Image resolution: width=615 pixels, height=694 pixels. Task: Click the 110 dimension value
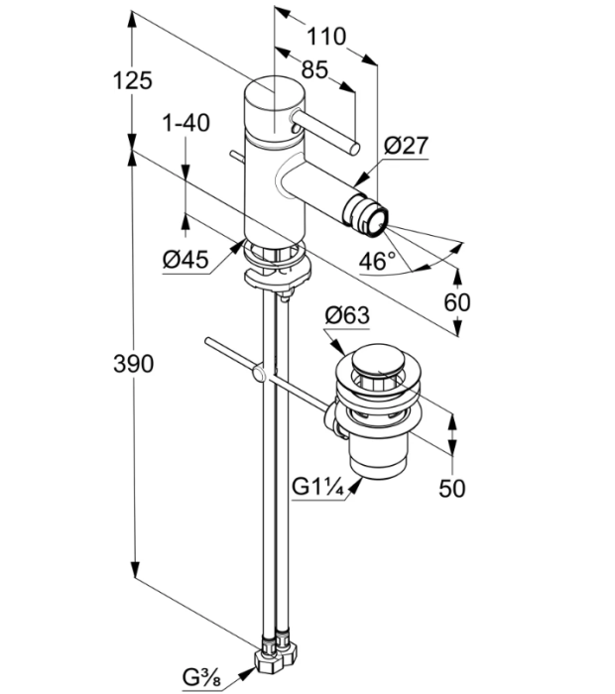click(326, 37)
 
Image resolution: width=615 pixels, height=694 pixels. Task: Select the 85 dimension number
click(314, 69)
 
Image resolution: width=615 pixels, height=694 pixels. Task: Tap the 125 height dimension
click(132, 80)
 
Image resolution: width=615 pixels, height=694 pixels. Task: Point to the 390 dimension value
click(134, 364)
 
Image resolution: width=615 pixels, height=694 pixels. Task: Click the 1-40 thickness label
click(185, 123)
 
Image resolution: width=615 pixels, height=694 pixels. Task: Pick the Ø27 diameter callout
click(406, 145)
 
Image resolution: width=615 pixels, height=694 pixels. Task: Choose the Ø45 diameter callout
click(185, 259)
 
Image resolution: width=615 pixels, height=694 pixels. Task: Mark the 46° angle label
click(377, 261)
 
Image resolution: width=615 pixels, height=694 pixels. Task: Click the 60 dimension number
click(457, 302)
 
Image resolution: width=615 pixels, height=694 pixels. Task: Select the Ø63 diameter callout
click(347, 315)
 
